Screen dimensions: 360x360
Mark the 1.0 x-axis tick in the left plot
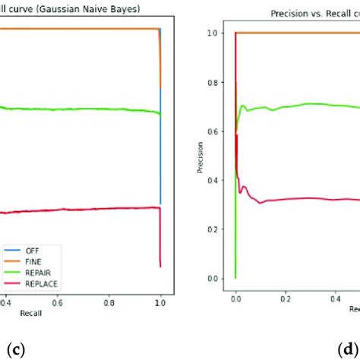(x=159, y=300)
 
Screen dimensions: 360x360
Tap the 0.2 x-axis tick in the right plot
(x=286, y=300)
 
